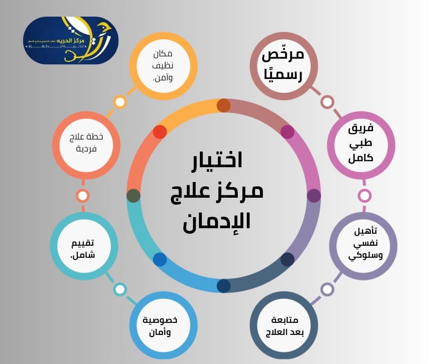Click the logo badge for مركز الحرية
pyautogui.click(x=70, y=40)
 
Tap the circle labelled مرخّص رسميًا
pyautogui.click(x=283, y=65)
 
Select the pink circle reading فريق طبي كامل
pyautogui.click(x=361, y=145)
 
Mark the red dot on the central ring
pyautogui.click(x=160, y=132)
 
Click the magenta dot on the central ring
pyautogui.click(x=287, y=132)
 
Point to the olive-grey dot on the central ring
pyautogui.click(x=133, y=196)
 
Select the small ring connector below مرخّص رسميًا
pyautogui.click(x=327, y=102)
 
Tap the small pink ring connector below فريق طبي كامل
pyautogui.click(x=364, y=196)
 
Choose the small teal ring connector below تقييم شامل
pyautogui.click(x=120, y=290)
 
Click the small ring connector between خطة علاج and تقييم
pyautogui.click(x=83, y=196)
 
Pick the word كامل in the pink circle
pyautogui.click(x=361, y=158)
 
